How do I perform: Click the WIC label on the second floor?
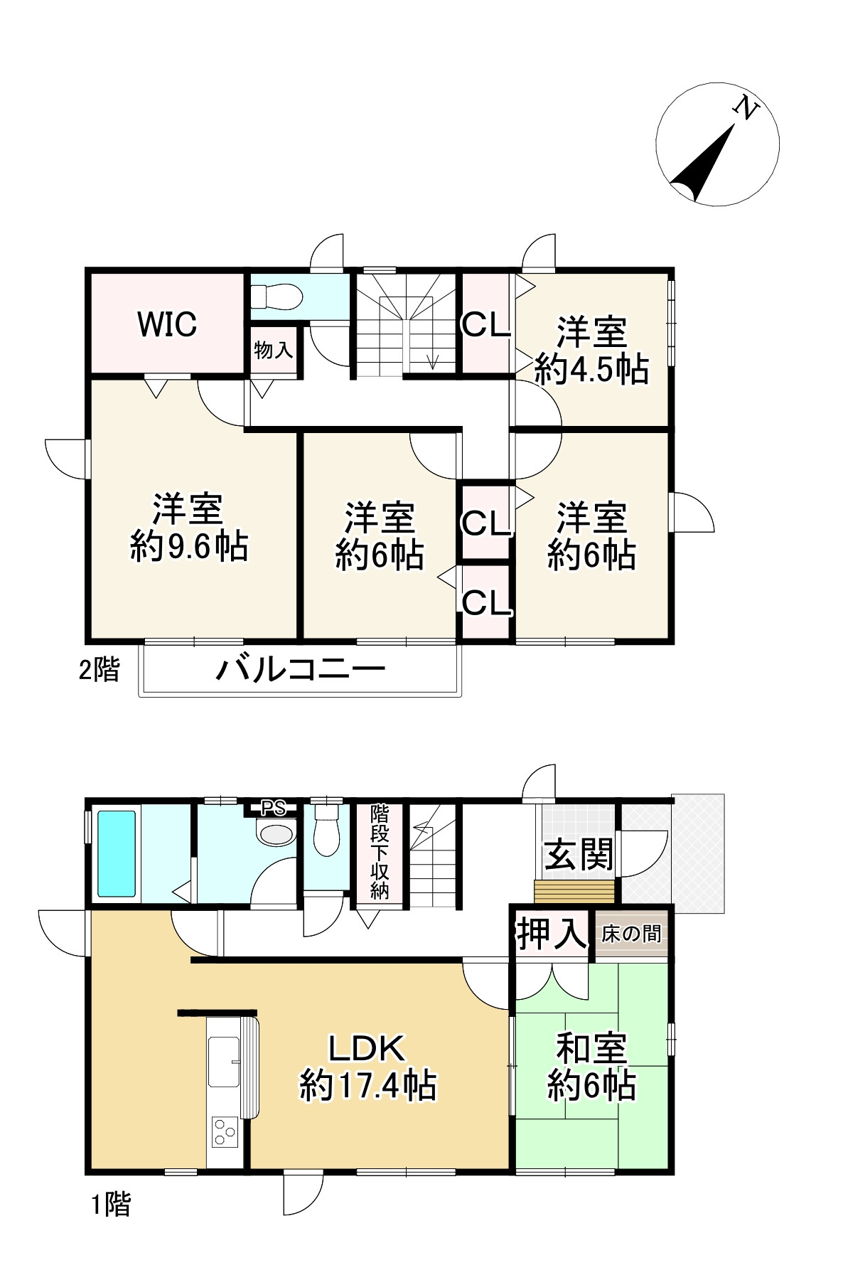coord(167,324)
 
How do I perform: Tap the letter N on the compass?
coord(746,108)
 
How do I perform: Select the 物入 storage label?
coord(274,350)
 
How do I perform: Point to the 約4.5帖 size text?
coord(591,370)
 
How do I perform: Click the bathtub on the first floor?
coord(116,853)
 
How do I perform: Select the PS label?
coord(274,809)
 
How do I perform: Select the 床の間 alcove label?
coord(631,934)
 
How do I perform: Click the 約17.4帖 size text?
coord(368,1087)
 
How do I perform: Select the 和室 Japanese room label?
coord(591,1049)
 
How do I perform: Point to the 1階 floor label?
coord(111,1204)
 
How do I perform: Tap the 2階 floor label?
coord(99,670)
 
